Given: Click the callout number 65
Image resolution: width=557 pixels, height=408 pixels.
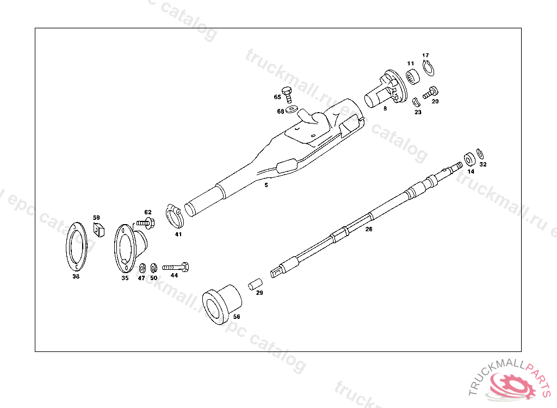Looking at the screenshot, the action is (x=277, y=97).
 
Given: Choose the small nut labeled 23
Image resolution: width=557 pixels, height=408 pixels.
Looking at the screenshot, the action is (x=416, y=102).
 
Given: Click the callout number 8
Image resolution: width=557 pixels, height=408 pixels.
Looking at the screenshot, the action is (x=385, y=109).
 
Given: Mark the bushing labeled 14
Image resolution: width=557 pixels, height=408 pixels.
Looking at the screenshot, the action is (x=469, y=159).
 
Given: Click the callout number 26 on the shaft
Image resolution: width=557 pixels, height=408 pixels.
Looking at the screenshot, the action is (x=369, y=229).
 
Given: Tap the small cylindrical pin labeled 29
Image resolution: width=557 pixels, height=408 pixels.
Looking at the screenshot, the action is (x=256, y=284).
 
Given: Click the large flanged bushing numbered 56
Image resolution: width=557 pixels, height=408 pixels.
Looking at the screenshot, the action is (x=221, y=304).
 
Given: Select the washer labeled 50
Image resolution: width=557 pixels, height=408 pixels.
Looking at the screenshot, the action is (x=153, y=268).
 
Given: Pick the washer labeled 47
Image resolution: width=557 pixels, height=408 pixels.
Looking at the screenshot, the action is (x=142, y=268).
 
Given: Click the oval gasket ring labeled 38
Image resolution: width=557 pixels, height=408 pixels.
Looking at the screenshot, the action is (x=76, y=248).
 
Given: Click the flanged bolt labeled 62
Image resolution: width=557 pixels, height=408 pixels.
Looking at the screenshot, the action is (x=145, y=222).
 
